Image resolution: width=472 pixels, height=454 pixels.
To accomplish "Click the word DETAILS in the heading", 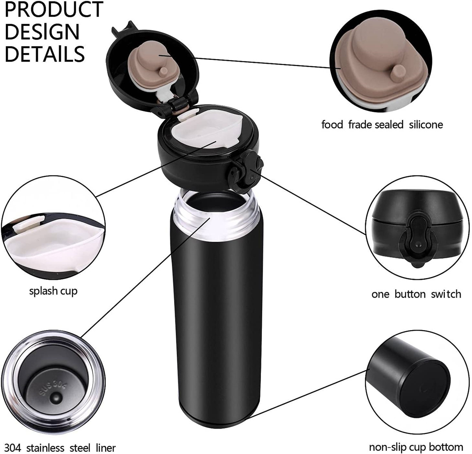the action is pos(45,54).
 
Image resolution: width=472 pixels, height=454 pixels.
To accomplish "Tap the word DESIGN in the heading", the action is pos(42,32).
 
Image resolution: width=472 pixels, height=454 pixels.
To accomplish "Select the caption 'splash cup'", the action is pos(53,291).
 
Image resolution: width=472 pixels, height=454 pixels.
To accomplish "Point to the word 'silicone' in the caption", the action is pos(426,124).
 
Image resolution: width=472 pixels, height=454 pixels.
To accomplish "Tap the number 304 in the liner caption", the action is pos(12,448).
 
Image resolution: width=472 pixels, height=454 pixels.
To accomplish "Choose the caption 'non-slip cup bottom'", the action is pos(416,447).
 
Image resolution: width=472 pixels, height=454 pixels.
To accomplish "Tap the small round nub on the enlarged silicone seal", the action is pos(399,72).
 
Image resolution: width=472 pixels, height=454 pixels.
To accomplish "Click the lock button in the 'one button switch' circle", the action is pos(418,238).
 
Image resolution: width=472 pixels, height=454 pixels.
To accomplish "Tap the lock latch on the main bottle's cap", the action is pos(245,172).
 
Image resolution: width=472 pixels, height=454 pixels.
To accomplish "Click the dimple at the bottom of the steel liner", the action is pos(55,398).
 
